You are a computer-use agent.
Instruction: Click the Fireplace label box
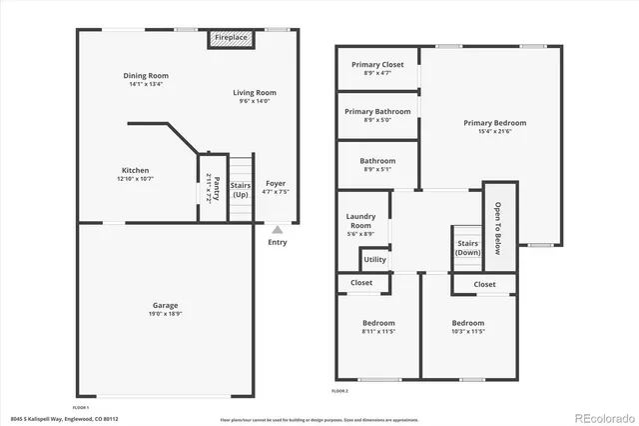(x=232, y=38)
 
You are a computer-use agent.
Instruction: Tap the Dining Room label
(x=146, y=76)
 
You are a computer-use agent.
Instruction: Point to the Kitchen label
(x=135, y=171)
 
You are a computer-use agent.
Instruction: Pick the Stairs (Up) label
(x=241, y=189)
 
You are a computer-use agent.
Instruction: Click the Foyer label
(x=275, y=184)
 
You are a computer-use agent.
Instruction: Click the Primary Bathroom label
(x=377, y=112)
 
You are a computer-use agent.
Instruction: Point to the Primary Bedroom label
(x=494, y=123)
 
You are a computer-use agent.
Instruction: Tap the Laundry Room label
(x=360, y=221)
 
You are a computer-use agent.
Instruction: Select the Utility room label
(x=374, y=260)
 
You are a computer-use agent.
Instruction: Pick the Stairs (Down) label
(x=468, y=247)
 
